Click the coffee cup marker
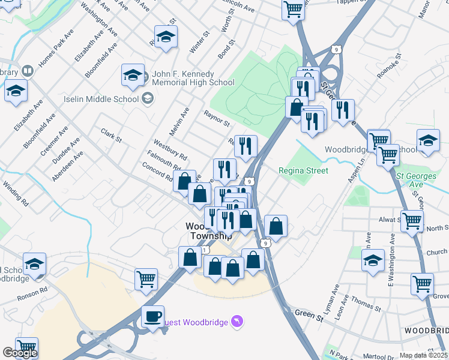click(x=152, y=316)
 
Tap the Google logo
click(x=20, y=353)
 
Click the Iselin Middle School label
click(x=100, y=98)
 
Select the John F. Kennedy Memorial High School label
click(x=193, y=78)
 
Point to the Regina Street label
click(x=303, y=170)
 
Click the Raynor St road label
click(x=217, y=118)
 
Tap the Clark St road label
click(x=112, y=136)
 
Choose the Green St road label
click(x=309, y=314)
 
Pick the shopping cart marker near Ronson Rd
click(x=146, y=279)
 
